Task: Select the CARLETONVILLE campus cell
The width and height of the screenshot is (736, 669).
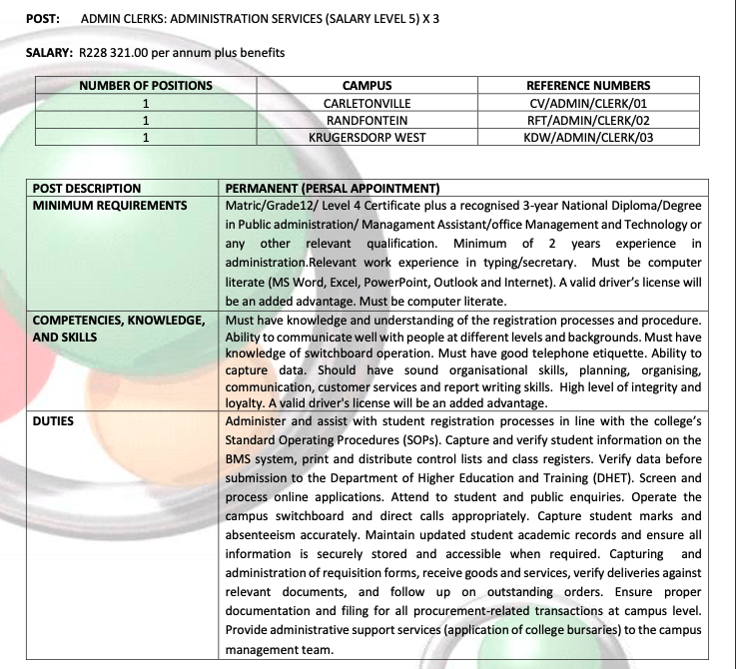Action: pyautogui.click(x=367, y=103)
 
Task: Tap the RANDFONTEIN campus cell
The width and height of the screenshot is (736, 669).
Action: pyautogui.click(x=367, y=120)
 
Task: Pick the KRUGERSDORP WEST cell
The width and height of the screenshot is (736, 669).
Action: pyautogui.click(x=367, y=137)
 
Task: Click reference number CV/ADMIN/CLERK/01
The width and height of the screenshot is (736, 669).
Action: pyautogui.click(x=587, y=103)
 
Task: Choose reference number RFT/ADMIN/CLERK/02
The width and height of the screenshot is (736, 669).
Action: pyautogui.click(x=587, y=120)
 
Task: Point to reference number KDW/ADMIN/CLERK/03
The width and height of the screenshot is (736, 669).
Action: pyautogui.click(x=587, y=137)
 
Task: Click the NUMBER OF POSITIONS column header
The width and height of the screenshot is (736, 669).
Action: pyautogui.click(x=146, y=86)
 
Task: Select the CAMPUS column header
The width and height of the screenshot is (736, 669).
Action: pyautogui.click(x=367, y=86)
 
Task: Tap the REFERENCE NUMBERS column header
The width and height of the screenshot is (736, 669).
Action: pyautogui.click(x=587, y=86)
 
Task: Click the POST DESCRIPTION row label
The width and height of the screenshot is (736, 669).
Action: pyautogui.click(x=87, y=188)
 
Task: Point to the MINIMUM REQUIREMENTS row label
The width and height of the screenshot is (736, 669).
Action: pyautogui.click(x=110, y=206)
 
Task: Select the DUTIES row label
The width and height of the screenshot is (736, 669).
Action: pyautogui.click(x=54, y=421)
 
